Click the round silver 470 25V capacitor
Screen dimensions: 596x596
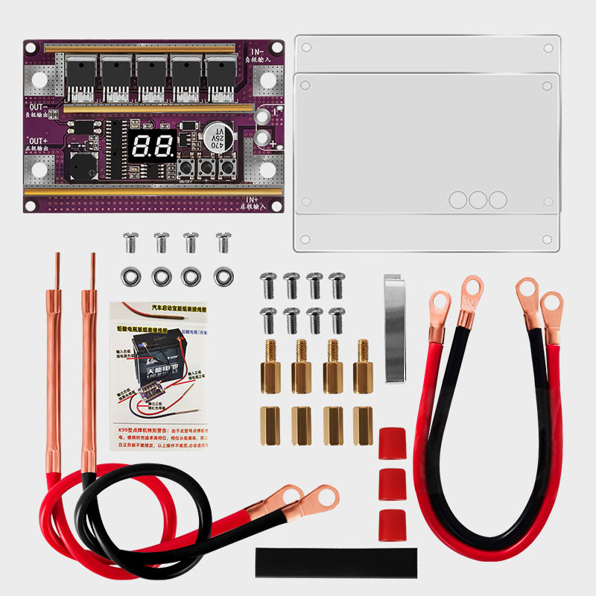click(217, 139)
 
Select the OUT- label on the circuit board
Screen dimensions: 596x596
click(37, 108)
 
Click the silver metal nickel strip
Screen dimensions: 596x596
click(394, 328)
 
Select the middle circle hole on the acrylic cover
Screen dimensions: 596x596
click(478, 199)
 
